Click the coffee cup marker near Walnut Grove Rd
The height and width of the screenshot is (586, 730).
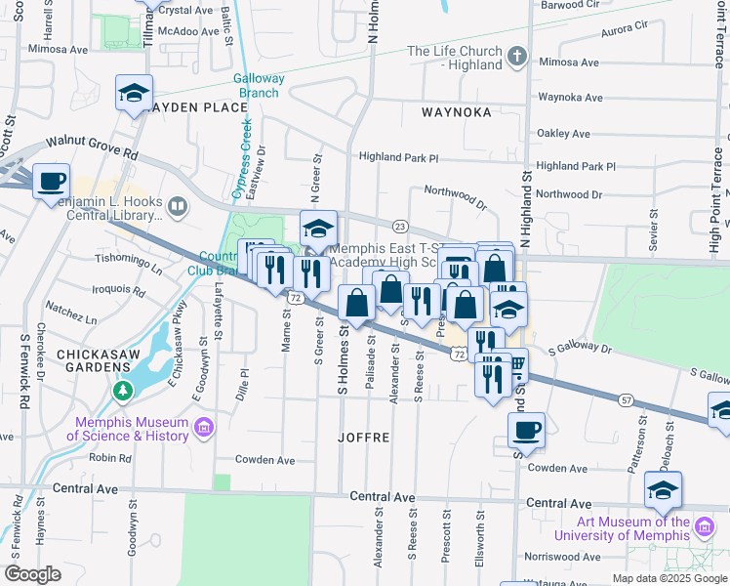tap(51, 182)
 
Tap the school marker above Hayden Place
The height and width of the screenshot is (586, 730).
tap(134, 94)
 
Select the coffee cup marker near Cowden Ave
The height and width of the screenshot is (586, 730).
tap(526, 431)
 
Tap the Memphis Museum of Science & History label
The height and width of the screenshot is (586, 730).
tap(132, 429)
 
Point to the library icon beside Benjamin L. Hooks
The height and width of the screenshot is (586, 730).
tap(177, 206)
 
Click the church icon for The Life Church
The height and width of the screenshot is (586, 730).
tap(517, 58)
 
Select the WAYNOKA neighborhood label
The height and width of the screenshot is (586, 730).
tap(456, 112)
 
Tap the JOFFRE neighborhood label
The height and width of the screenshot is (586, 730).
tap(364, 439)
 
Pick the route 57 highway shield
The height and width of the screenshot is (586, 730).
tap(626, 399)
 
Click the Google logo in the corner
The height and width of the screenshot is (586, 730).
tap(32, 574)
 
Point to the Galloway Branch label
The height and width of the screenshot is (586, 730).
tap(259, 86)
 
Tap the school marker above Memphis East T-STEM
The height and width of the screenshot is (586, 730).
tap(318, 229)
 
